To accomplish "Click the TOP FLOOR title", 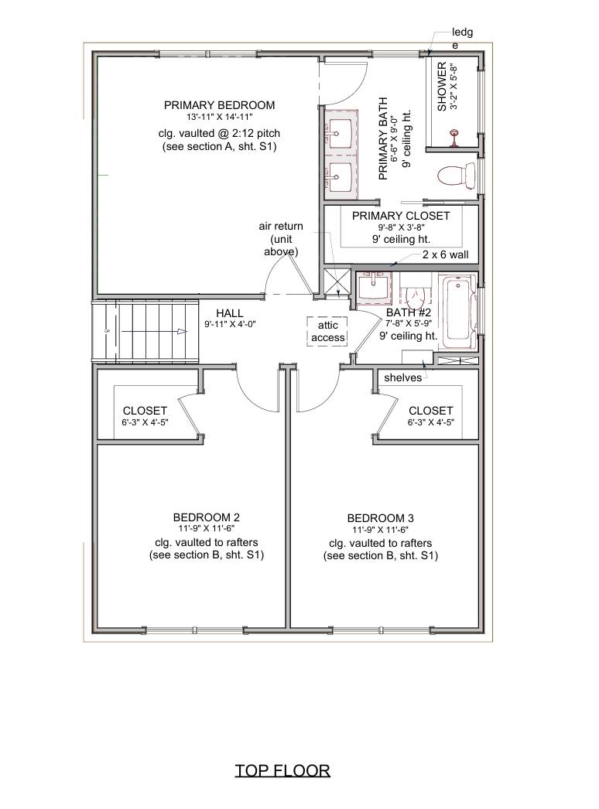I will coord(282,770).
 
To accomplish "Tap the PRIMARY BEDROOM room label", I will coord(219,105).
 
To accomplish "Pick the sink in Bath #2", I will coord(375,288).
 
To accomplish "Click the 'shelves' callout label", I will coord(402,377).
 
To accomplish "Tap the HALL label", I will coord(230,312).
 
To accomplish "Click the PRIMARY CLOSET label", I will coord(400,216).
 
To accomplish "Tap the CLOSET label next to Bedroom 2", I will coord(145,411).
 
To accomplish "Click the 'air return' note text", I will coord(281,226).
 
